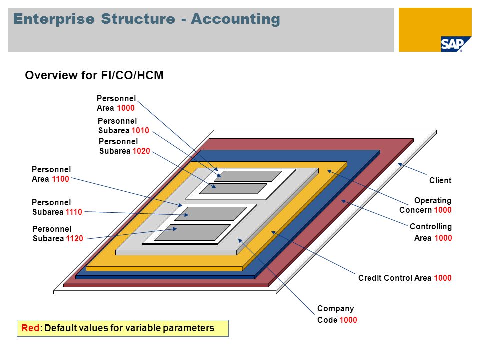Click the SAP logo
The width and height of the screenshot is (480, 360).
(x=452, y=44)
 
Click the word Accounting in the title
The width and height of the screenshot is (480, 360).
(x=235, y=19)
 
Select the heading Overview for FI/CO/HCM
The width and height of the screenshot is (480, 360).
(x=94, y=75)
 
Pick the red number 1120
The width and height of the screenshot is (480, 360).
(x=74, y=239)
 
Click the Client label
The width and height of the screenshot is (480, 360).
(x=440, y=181)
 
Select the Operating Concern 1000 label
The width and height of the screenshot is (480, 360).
(x=425, y=205)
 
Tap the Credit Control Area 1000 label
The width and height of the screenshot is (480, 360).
(x=405, y=278)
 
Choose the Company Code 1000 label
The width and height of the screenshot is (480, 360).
(x=337, y=314)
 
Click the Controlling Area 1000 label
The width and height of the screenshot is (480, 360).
(x=431, y=232)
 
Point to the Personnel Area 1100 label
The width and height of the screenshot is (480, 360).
(x=51, y=174)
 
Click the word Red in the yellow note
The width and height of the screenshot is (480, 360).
(x=30, y=328)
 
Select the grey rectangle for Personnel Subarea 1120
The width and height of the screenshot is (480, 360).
(x=193, y=232)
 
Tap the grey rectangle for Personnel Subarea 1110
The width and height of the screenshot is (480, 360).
(x=211, y=214)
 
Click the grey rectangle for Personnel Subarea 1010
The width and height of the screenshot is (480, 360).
(x=248, y=176)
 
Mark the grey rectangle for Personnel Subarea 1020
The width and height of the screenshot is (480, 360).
(x=233, y=189)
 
